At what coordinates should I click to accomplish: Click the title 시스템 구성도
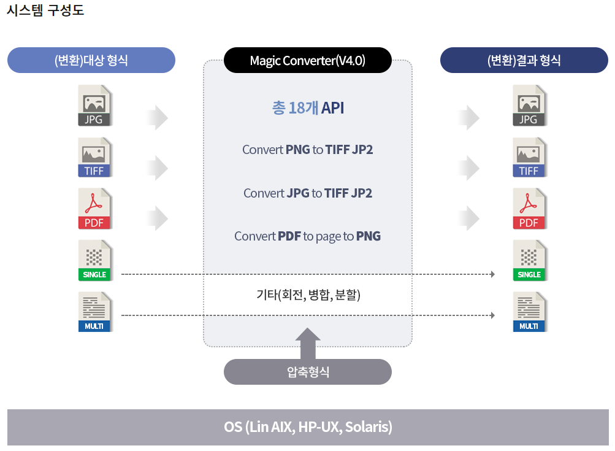pos(45,10)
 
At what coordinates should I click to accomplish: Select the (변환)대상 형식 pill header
pos(91,60)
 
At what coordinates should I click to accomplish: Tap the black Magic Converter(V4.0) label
pos(307,60)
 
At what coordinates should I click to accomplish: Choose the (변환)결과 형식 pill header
pos(524,60)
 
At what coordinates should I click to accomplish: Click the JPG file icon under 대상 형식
pos(94,106)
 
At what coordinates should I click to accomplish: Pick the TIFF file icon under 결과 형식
pos(529,157)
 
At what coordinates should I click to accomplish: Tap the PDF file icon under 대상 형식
pos(94,209)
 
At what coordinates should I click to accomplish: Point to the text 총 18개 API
pos(308,108)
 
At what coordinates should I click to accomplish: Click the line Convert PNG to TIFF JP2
pos(308,150)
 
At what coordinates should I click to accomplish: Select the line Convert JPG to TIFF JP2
pos(308,193)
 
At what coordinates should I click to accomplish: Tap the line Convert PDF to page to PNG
pos(308,236)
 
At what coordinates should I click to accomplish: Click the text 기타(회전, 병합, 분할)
pos(308,295)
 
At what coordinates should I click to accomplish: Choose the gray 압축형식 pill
pos(308,372)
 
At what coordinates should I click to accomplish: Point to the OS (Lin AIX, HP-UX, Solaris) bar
pos(308,427)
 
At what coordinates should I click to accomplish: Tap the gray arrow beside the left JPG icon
pos(158,117)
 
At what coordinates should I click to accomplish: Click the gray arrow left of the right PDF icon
pos(469,218)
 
